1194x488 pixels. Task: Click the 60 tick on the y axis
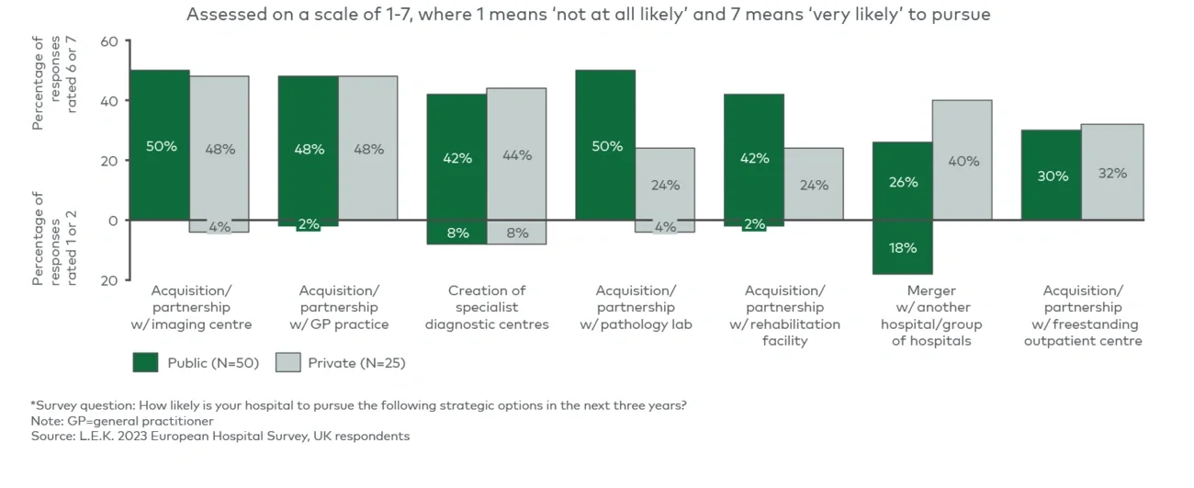pyautogui.click(x=108, y=41)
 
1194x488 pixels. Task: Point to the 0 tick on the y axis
pyautogui.click(x=113, y=221)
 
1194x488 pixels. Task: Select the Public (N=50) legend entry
pyautogui.click(x=195, y=363)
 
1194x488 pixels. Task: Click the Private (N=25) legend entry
pyautogui.click(x=342, y=363)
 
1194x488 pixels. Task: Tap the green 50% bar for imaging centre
pyautogui.click(x=160, y=145)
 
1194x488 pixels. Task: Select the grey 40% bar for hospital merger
pyautogui.click(x=963, y=161)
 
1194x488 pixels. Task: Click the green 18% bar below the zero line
pyautogui.click(x=903, y=247)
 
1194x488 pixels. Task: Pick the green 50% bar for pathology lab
pyautogui.click(x=605, y=145)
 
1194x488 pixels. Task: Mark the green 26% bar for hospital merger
pyautogui.click(x=903, y=182)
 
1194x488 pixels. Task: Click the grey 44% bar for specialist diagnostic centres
pyautogui.click(x=516, y=154)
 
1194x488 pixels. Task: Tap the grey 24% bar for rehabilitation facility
pyautogui.click(x=813, y=184)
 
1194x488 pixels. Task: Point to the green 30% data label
pyautogui.click(x=1052, y=176)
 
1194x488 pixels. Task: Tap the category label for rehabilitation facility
pyautogui.click(x=783, y=315)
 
